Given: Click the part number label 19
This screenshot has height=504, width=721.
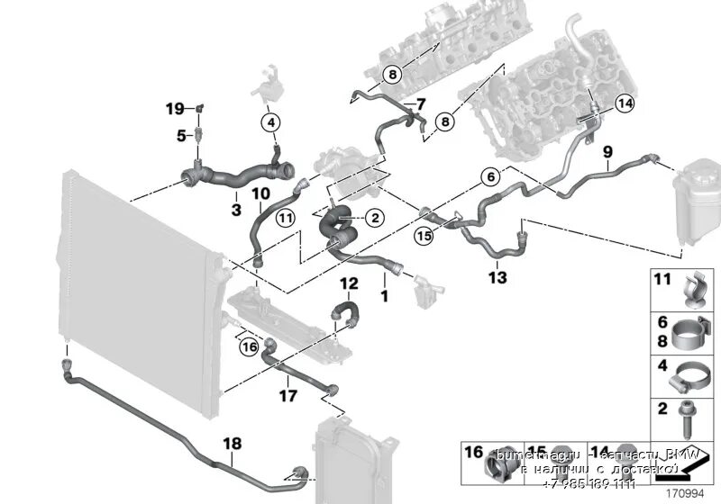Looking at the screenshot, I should click(174, 109).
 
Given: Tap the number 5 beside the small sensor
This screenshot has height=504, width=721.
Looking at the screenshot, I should click(180, 136).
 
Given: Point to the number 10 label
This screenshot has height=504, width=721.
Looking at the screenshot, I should click(260, 193).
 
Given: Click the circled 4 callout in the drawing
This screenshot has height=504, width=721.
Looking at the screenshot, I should click(272, 121).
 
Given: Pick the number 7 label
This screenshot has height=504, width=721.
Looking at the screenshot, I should click(420, 105).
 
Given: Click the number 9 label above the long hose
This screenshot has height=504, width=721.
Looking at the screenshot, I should click(607, 151).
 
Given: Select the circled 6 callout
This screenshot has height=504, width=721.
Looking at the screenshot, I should click(489, 177).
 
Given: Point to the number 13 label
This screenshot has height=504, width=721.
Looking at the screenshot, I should click(497, 278).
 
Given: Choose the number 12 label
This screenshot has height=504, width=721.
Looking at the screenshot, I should click(349, 283).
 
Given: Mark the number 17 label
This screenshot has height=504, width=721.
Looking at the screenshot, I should click(287, 395).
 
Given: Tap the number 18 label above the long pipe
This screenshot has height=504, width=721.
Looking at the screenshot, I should click(232, 444).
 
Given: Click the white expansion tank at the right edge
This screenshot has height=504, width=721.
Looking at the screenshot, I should click(697, 193).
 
